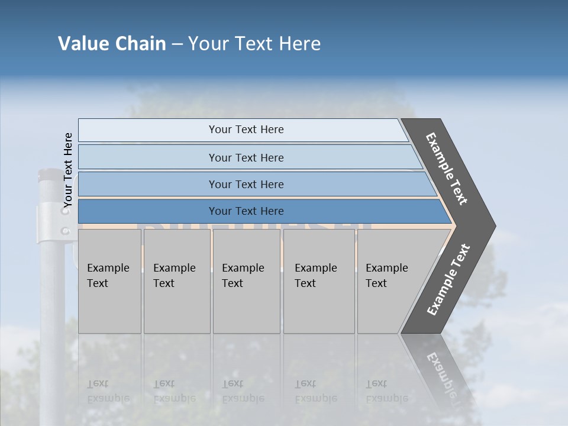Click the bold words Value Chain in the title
112,44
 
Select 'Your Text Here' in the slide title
254,44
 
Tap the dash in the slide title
177,44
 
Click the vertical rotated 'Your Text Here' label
68,170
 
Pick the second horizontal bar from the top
246,157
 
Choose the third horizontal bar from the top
246,184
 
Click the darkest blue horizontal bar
246,211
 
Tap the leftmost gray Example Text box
109,280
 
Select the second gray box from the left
176,280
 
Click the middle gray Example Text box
246,280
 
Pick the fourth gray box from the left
318,280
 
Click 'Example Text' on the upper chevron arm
447,168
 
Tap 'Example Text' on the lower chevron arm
448,279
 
